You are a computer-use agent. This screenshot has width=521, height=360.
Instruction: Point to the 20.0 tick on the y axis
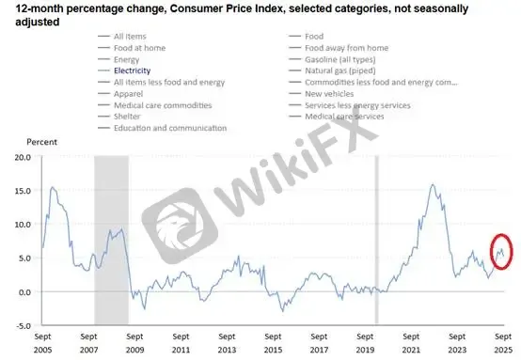tap(23, 157)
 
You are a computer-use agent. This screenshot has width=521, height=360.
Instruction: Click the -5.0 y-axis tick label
tap(24, 326)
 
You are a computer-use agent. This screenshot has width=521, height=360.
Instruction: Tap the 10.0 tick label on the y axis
tap(23, 225)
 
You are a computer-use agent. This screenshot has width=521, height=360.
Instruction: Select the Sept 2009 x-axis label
tap(134, 343)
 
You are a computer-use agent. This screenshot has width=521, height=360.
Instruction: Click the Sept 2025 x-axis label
tap(503, 343)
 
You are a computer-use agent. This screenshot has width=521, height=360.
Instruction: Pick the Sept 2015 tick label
tap(273, 343)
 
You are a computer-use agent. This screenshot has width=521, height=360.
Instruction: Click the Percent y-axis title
tap(42, 142)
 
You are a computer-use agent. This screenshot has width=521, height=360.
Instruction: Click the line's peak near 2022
tap(433, 184)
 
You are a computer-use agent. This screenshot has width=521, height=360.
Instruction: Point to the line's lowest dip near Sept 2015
tap(283, 311)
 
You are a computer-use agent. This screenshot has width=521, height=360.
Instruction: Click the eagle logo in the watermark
tap(180, 226)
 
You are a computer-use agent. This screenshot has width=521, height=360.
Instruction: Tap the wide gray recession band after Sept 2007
tap(111, 240)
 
